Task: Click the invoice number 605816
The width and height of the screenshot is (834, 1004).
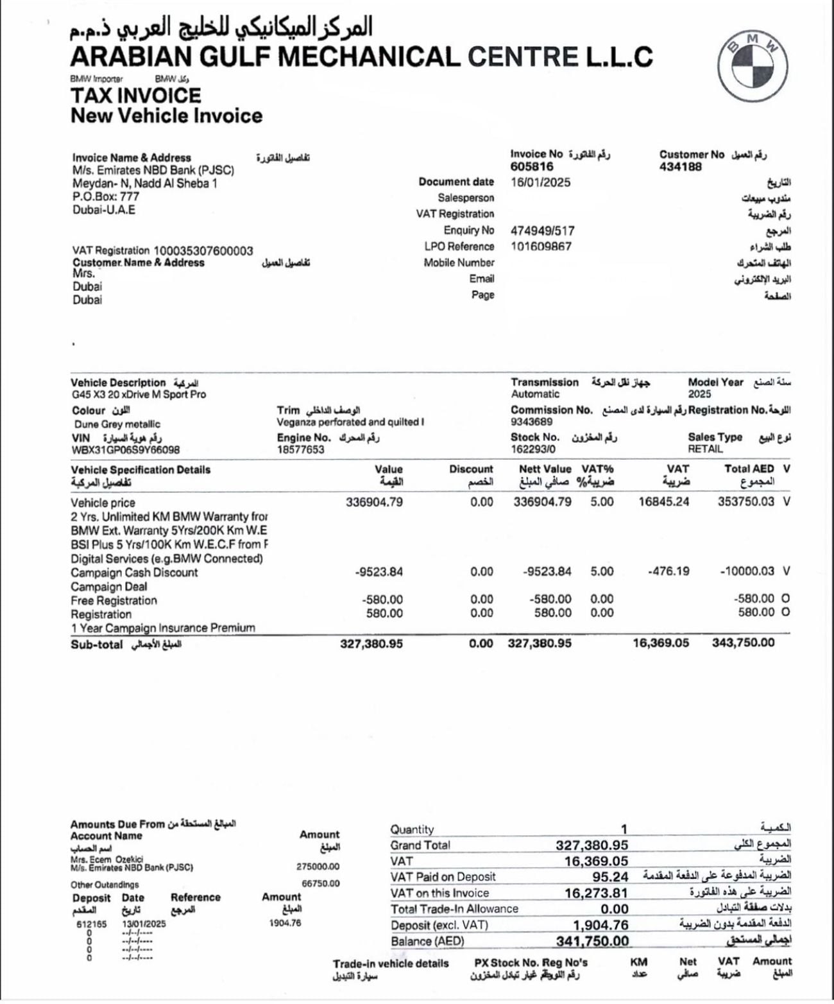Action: pos(532,167)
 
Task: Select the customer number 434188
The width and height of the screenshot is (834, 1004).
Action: pos(681,167)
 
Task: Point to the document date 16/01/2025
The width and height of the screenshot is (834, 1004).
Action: pos(540,182)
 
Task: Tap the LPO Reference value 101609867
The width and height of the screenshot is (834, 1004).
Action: pos(541,247)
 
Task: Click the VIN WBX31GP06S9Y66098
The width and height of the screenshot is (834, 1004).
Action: pos(125,450)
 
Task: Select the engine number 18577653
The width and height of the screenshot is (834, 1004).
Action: pos(301,450)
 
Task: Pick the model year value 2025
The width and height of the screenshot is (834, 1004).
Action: pos(700,394)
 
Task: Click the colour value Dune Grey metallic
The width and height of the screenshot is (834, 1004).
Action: pos(117,424)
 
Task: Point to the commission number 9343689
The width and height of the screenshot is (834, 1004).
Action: pos(532,422)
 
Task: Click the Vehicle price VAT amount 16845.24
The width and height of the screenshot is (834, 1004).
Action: pos(664,502)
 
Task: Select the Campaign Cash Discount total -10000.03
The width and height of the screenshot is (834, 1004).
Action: pos(747,571)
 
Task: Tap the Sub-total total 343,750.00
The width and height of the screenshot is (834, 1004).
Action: pos(743,643)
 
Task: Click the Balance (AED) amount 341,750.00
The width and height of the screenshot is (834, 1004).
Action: pos(592,941)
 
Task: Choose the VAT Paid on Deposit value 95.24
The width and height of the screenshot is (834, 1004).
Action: pos(610,877)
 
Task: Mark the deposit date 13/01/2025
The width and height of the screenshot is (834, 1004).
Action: pos(144,924)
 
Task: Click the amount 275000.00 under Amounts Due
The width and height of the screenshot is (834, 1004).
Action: pos(318,867)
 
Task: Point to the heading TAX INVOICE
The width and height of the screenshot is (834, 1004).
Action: pos(135,96)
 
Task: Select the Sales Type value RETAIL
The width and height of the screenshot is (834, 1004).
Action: pos(705,449)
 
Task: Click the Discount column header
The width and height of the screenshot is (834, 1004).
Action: pos(471,470)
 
